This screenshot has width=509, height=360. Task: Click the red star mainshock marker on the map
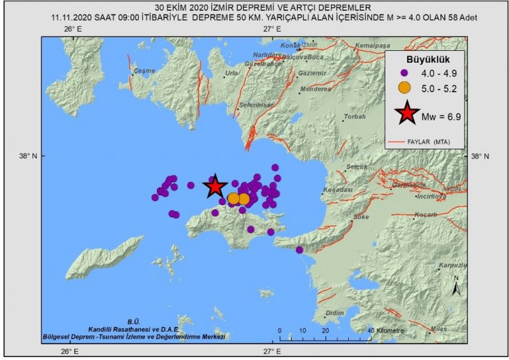[x=215, y=186]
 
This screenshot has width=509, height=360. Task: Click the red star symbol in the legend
[x=407, y=114]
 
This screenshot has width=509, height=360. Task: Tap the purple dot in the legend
[x=406, y=72]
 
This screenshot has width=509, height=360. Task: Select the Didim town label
[x=334, y=313]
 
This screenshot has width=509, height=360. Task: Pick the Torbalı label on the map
[x=355, y=117]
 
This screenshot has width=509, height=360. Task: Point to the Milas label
[x=437, y=329]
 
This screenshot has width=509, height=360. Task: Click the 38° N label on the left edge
[x=28, y=156]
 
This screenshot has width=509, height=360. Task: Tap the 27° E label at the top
[x=272, y=30]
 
